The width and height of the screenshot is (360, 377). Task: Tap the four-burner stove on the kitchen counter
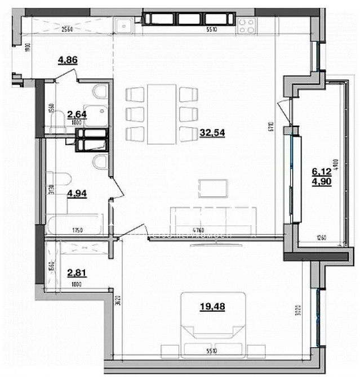pyautogui.click(x=246, y=25)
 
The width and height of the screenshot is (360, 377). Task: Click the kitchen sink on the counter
pyautogui.click(x=123, y=25)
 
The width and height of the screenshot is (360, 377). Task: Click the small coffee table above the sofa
pyautogui.click(x=214, y=188)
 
